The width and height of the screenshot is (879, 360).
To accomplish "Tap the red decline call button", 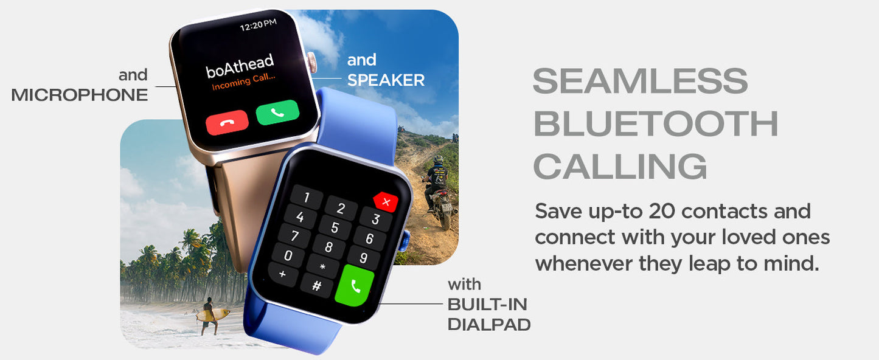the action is coord(227,122).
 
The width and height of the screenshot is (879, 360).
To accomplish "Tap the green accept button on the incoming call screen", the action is coord(277,112).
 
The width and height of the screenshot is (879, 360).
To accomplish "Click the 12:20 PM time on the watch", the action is coord(258,25).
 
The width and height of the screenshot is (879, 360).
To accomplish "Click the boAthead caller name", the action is coord(240,66).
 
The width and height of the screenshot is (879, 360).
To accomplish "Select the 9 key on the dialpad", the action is coord(364,257).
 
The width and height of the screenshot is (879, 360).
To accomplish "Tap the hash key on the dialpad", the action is coord(317,285).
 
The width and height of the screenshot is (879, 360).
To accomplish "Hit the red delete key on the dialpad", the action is coord(386,202).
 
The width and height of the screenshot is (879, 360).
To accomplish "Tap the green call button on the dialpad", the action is coord(355,285).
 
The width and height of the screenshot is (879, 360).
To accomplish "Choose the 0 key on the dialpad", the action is coord(288,255).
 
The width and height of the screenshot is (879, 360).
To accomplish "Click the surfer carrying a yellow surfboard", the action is coord(210,316).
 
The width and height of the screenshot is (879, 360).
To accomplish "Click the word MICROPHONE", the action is coord(79,95).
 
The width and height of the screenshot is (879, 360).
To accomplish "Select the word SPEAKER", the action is coord(386,80).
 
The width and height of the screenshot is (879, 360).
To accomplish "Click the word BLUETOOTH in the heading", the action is coord(655,123).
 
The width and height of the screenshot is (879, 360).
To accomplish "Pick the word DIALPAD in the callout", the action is coord(489,325).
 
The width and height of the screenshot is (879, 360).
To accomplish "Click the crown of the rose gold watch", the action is coord(311,63).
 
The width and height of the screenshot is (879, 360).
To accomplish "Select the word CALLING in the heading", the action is coord(620,166).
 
